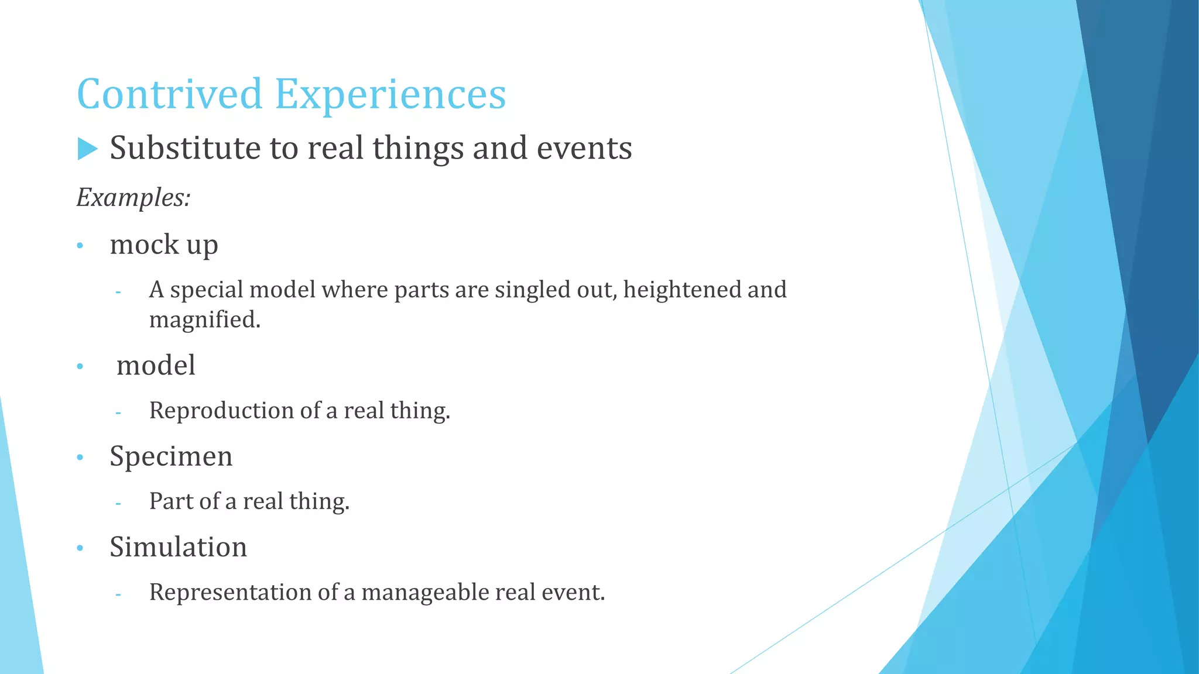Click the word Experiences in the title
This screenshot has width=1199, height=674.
[390, 95]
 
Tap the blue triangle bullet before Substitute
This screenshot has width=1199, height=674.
[87, 149]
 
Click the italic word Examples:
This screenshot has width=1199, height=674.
[133, 198]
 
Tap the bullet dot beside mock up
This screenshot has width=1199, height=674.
[80, 246]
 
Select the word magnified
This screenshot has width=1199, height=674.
[204, 320]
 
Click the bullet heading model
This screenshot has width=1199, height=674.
[156, 366]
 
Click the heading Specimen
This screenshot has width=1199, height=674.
[171, 457]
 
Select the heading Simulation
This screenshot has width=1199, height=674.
[178, 548]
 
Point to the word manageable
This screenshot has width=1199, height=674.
[425, 593]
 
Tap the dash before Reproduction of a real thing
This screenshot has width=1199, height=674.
[118, 413]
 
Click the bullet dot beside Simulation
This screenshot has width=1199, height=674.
[80, 549]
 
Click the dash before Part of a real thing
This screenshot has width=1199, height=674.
[118, 503]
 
